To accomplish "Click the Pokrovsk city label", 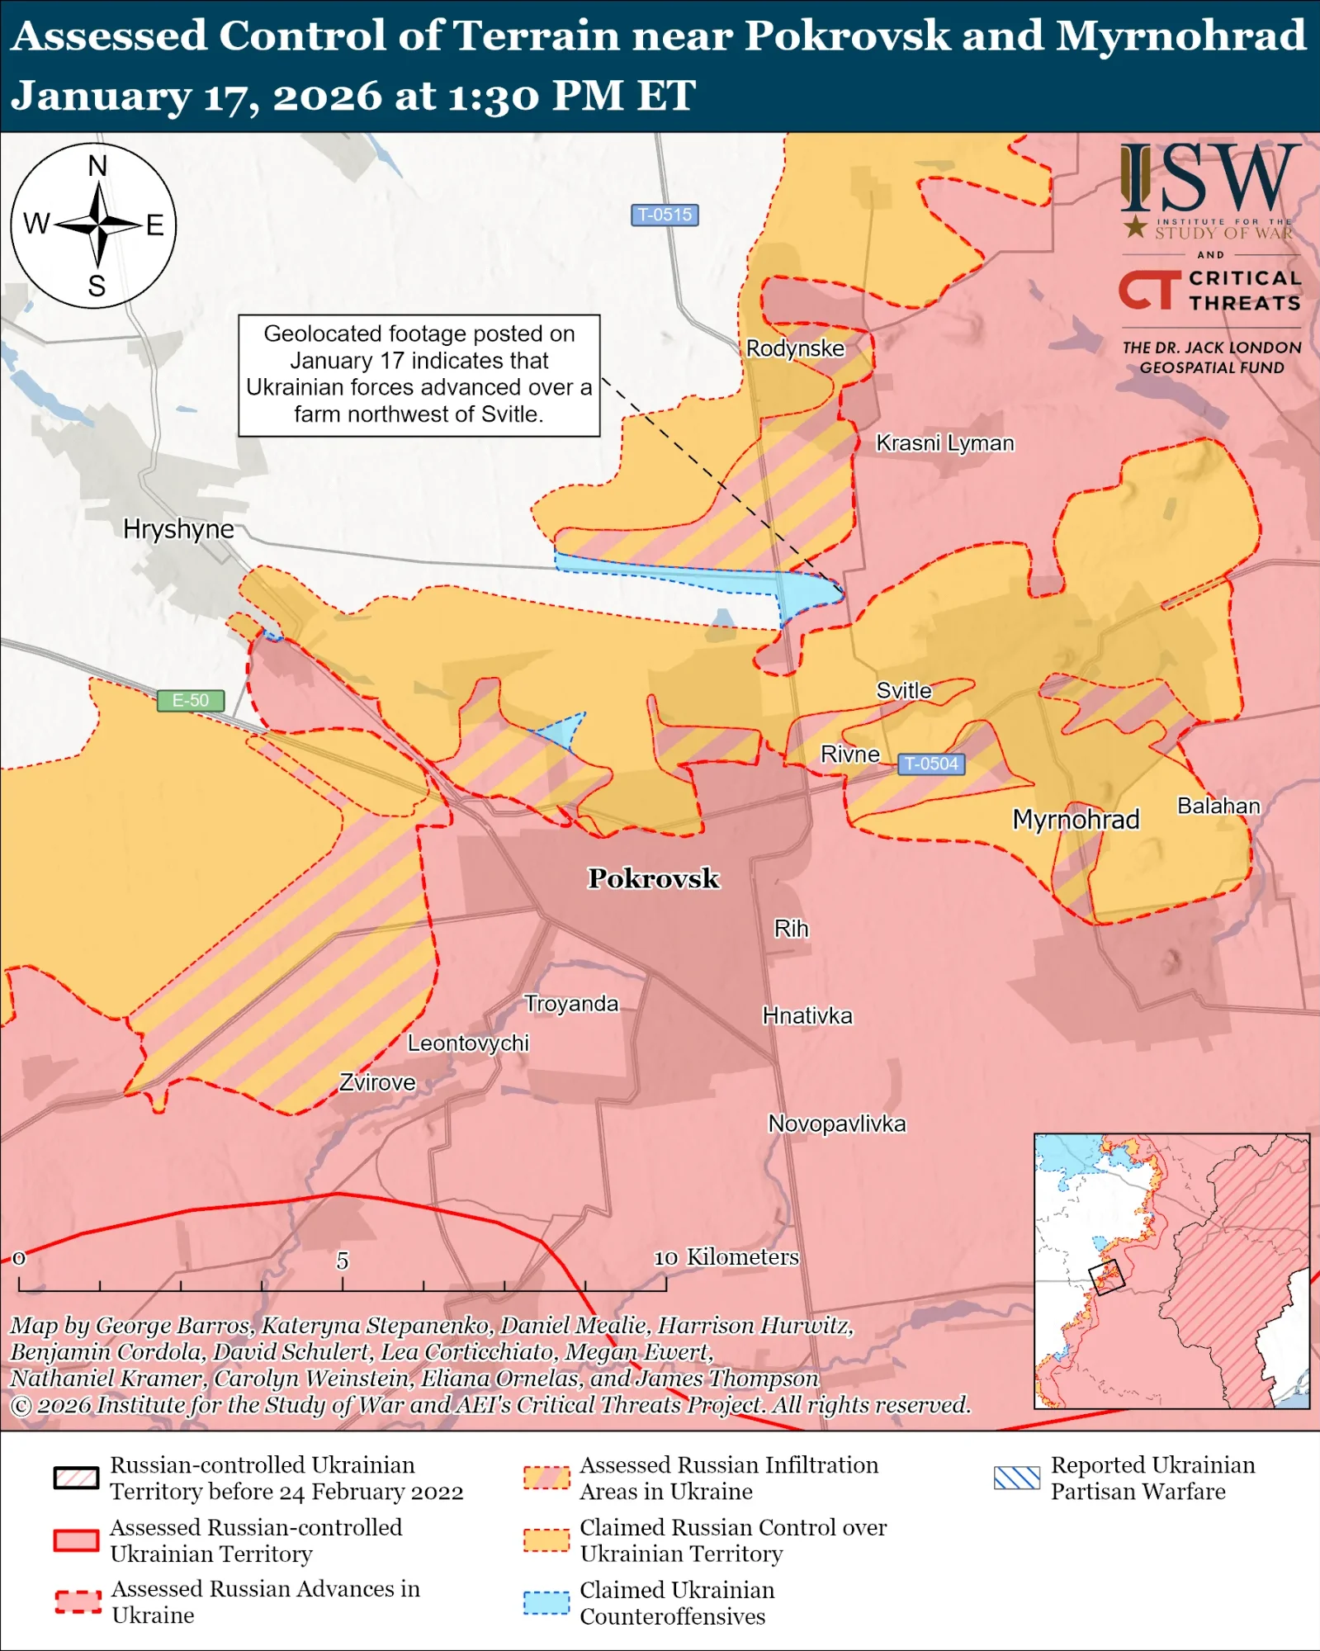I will tap(653, 878).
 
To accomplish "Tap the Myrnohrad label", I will tap(1076, 820).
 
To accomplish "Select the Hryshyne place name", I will tap(178, 528).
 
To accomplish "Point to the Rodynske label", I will tap(795, 348).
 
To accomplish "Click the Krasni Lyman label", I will tap(944, 443).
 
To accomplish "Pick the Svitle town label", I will tap(903, 691).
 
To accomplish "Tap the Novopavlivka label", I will tap(836, 1124).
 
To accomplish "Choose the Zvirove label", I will tap(377, 1082).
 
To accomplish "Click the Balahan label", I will tap(1218, 806).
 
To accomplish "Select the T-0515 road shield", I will tap(665, 215).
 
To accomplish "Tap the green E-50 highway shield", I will tap(191, 701).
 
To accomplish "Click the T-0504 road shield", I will tap(930, 764).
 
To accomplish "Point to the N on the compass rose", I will tap(97, 166).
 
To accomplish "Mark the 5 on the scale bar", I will tap(342, 1261).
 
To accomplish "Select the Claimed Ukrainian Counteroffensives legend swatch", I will tap(546, 1603).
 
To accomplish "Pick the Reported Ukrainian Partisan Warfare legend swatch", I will tap(1016, 1478).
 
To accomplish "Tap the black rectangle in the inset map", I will tap(1106, 1276).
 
